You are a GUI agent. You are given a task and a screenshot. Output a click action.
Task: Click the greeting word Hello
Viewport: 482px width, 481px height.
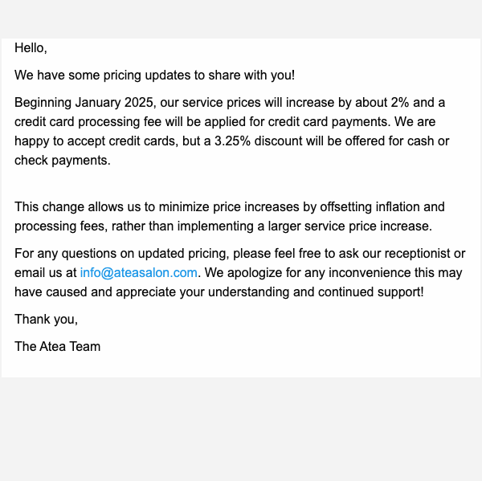click(30, 48)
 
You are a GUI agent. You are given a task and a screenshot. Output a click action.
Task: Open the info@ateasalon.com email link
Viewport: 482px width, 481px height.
click(138, 273)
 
